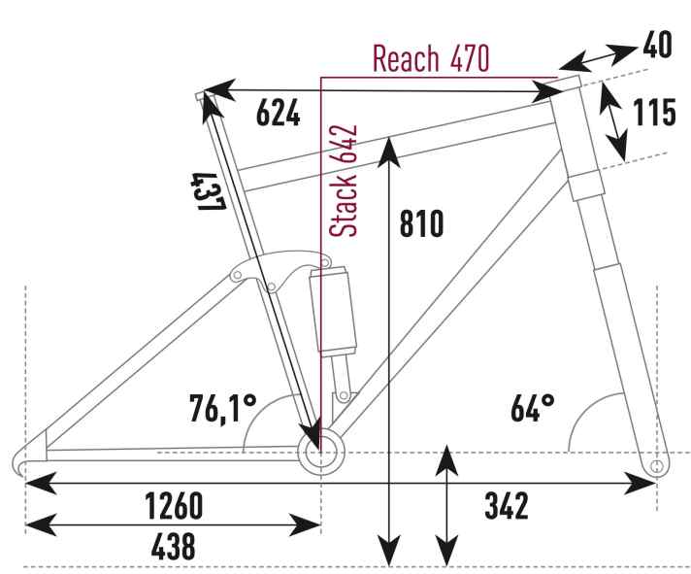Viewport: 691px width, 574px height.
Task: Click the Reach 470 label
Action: [x=431, y=58]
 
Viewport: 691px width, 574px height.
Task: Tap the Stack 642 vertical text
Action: [x=344, y=182]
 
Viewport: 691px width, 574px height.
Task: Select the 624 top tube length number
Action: [x=279, y=113]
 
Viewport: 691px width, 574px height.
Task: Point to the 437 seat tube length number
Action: [x=208, y=191]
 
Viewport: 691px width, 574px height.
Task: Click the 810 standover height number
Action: [x=421, y=223]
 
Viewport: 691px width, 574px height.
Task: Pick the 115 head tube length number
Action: [x=654, y=113]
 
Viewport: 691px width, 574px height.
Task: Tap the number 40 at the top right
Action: [x=657, y=45]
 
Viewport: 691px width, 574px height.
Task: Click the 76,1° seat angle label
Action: [x=223, y=408]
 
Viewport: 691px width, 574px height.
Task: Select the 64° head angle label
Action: [x=533, y=408]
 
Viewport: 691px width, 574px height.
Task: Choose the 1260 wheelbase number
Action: [x=174, y=506]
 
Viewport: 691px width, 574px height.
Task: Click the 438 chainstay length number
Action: [x=173, y=546]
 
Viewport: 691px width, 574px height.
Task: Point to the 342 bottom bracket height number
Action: [x=507, y=506]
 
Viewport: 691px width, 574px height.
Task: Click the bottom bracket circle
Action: [x=321, y=452]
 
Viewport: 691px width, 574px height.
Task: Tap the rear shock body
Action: [x=333, y=312]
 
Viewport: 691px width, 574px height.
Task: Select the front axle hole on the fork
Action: [x=656, y=465]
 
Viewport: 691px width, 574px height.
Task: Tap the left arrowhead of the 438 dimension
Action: [x=41, y=524]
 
